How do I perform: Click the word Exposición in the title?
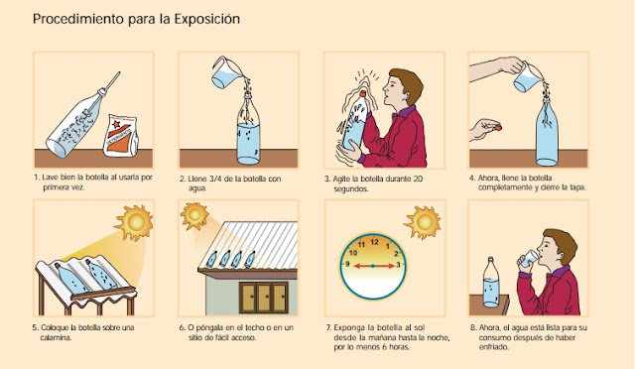207,20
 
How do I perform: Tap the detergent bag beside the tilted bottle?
120,136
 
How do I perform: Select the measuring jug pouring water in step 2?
226,72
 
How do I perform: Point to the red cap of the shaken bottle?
363,93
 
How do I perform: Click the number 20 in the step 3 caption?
419,179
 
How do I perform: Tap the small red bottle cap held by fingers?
498,128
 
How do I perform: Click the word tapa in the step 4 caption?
577,187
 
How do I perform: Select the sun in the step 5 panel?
135,222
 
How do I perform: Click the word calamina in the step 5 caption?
56,337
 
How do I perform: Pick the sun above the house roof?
194,215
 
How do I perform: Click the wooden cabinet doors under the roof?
264,298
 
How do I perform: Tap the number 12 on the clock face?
374,242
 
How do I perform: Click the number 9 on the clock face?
347,265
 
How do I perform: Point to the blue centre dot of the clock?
373,266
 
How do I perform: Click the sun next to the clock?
424,221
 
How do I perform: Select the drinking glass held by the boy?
529,259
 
